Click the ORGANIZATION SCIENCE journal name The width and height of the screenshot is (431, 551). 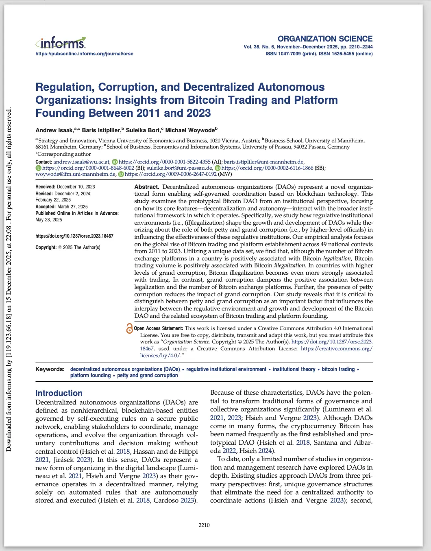(325, 39)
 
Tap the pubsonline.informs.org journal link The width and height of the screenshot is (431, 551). (84, 54)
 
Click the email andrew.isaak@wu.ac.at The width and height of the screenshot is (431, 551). (81, 162)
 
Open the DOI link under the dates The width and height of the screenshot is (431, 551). (74, 236)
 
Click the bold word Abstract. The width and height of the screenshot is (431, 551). (146, 187)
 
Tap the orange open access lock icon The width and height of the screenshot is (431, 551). (129, 328)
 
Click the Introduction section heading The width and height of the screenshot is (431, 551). (59, 393)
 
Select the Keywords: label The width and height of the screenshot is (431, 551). (50, 369)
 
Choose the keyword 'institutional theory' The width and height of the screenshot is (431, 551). (294, 369)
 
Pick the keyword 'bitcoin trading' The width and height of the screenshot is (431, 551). (338, 369)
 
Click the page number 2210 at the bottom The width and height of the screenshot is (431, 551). (204, 525)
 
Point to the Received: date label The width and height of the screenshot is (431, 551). (45, 187)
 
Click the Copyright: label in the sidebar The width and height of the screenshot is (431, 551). (46, 247)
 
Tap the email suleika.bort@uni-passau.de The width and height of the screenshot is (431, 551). (179, 168)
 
